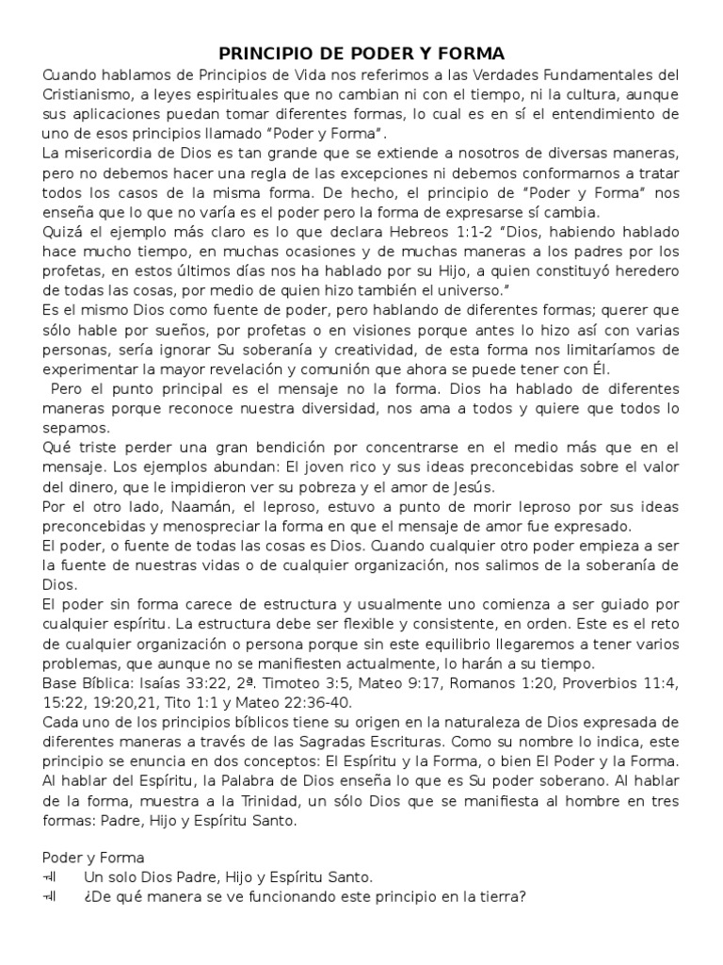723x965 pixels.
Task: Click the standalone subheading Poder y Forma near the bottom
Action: tap(93, 858)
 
